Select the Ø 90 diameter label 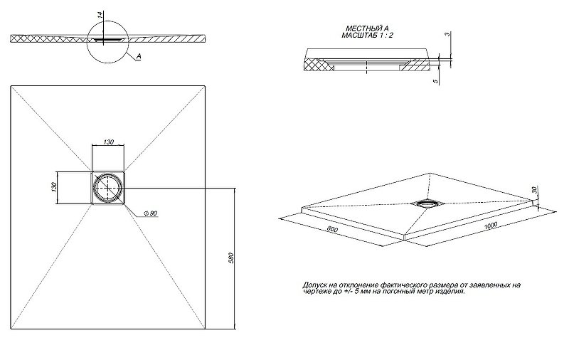[150, 214]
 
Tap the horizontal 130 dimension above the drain [108, 142]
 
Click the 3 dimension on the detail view [445, 34]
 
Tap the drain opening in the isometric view [428, 202]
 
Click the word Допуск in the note [315, 285]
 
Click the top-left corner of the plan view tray [11, 86]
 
